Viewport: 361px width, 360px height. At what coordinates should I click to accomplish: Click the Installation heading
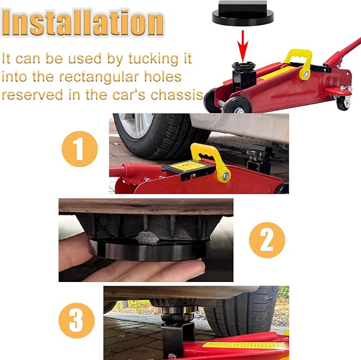point(82,22)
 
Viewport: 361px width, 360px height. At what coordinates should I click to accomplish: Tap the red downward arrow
point(242,46)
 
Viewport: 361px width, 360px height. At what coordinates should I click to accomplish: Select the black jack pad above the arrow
point(242,13)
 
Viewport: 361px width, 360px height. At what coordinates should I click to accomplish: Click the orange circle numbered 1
point(80,149)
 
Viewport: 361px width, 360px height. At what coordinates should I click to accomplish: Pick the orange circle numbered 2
point(267,240)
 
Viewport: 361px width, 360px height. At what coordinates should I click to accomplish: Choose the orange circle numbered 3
point(77,321)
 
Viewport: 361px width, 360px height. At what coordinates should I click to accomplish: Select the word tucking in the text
point(153,58)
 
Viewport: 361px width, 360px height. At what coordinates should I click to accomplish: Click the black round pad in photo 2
point(149,250)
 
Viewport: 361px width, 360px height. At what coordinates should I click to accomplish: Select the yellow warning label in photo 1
point(188,166)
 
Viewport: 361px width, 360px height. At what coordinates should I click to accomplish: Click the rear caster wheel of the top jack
point(343,102)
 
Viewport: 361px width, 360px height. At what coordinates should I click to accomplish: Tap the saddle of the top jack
point(244,66)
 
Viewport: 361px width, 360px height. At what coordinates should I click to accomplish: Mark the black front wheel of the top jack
point(237,106)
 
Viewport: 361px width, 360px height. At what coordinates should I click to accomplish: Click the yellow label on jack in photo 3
point(244,345)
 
